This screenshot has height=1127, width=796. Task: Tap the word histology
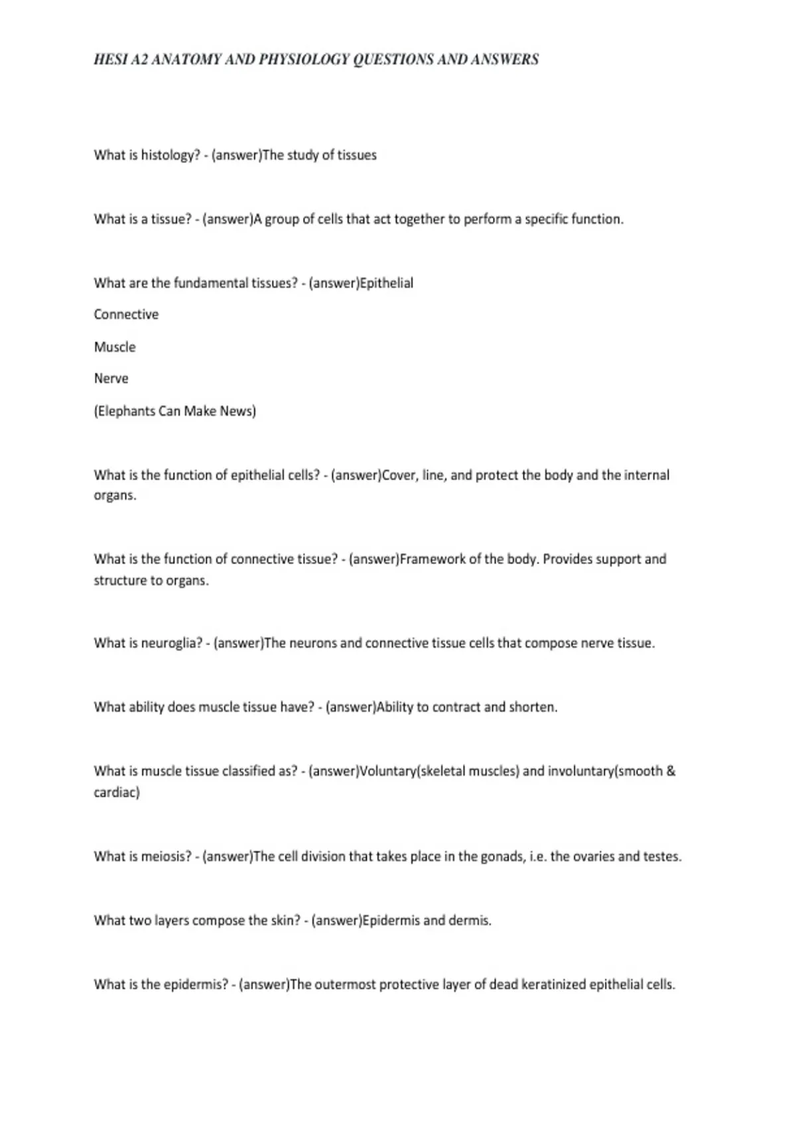coord(170,155)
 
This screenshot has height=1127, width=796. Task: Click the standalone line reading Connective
coord(126,314)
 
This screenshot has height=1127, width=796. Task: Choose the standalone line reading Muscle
coord(115,347)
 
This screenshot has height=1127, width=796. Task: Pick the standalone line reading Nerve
coord(111,379)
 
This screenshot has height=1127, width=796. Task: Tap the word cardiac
coord(115,792)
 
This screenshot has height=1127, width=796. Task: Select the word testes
coord(661,857)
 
